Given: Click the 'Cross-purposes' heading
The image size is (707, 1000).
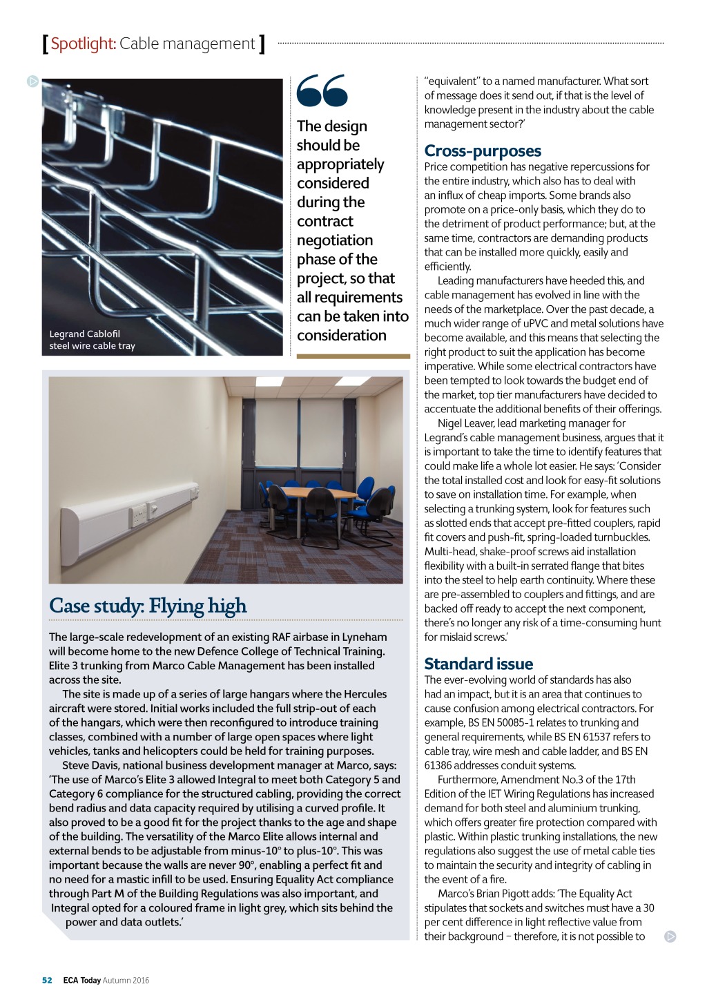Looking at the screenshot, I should [x=483, y=151].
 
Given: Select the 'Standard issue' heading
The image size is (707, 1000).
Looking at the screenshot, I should [x=478, y=664].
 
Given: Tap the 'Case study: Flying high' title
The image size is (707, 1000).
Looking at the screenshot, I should [x=148, y=606].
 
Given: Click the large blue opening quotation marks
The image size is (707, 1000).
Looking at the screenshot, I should [x=322, y=90].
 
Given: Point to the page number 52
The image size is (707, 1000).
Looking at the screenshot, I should [x=47, y=980].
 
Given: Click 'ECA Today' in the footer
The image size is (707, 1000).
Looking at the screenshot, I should [x=81, y=980].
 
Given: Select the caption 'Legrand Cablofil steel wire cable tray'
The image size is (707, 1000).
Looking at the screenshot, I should [x=92, y=340].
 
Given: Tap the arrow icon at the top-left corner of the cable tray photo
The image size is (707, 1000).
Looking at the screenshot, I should [x=32, y=81].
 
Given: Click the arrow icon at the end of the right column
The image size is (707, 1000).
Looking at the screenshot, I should [x=670, y=936].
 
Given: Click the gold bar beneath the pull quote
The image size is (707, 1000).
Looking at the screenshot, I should [x=353, y=356].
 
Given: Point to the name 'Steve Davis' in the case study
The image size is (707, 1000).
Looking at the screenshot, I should [x=90, y=765].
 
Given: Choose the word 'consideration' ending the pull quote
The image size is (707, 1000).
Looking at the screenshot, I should [x=342, y=336].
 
